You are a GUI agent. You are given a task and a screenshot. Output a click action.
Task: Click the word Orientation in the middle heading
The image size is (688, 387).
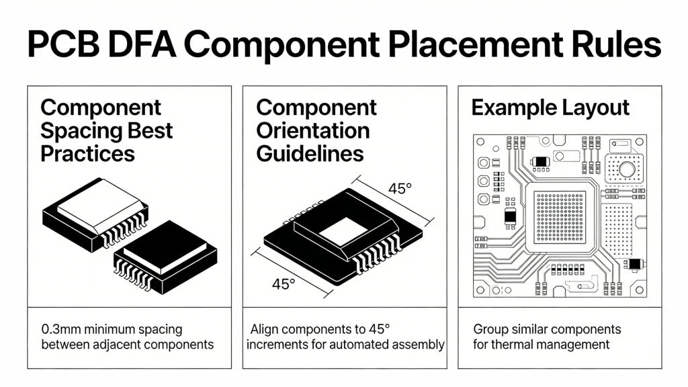[312, 130]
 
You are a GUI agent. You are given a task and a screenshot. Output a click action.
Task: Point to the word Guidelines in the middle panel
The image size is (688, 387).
[310, 153]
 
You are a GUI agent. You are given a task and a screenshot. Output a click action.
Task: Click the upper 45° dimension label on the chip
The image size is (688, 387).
[400, 189]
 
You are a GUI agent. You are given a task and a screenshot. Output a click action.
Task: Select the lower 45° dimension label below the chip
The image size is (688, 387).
[284, 284]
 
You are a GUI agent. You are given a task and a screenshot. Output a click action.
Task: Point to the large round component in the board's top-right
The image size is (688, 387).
[626, 170]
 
